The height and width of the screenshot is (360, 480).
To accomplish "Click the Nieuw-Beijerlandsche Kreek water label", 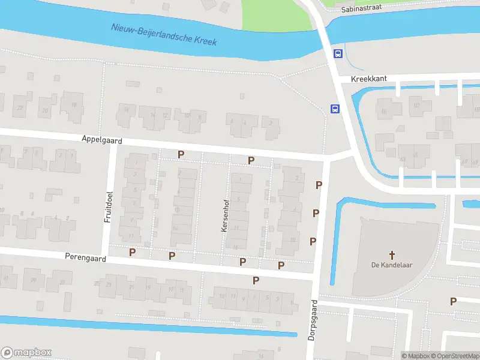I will click(164, 35).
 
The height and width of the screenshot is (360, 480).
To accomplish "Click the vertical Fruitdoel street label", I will click(109, 207).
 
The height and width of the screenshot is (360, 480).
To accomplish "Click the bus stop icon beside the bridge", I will click(338, 53).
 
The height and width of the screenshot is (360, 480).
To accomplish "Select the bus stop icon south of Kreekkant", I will click(334, 109).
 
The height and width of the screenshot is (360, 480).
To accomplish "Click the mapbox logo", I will click(26, 353).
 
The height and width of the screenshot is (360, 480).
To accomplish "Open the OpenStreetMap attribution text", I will click(455, 356).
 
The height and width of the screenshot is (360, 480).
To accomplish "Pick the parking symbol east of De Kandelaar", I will click(454, 301).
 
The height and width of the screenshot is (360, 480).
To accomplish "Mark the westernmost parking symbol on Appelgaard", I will click(181, 154).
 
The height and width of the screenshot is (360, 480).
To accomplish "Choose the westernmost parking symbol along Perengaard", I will click(132, 252).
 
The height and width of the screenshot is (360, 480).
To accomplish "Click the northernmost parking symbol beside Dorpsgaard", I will click(319, 185).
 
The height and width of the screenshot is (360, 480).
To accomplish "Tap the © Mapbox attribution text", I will click(415, 356).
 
